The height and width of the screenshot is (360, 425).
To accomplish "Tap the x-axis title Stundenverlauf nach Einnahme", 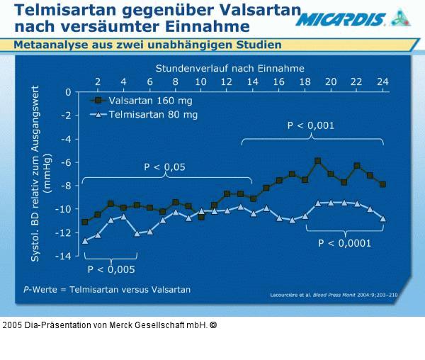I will coord(230,68).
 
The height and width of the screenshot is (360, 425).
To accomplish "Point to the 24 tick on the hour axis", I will coord(382,81).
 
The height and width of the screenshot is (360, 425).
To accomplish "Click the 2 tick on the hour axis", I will coord(98,81).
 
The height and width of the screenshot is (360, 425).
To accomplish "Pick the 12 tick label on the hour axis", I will coord(227,81).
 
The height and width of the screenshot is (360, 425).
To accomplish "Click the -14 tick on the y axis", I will coord(63,256).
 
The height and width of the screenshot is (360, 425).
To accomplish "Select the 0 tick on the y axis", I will coord(68,92).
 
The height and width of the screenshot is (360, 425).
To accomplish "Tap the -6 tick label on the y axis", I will coord(65,162).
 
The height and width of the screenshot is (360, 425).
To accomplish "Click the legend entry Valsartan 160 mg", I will coord(149,101).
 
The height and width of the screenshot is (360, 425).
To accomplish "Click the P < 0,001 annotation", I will coord(311,125).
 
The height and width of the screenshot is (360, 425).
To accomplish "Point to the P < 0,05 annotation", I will coord(164,167).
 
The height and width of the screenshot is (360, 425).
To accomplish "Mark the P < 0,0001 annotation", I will coord(345,243).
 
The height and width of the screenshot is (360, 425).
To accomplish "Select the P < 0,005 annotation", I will coord(111,269).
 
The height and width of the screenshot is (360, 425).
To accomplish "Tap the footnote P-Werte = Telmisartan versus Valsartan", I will coord(107,290).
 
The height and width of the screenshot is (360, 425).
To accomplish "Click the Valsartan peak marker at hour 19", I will coord(317,161).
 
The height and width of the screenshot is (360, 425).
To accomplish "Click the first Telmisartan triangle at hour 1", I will coord(85,241).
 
